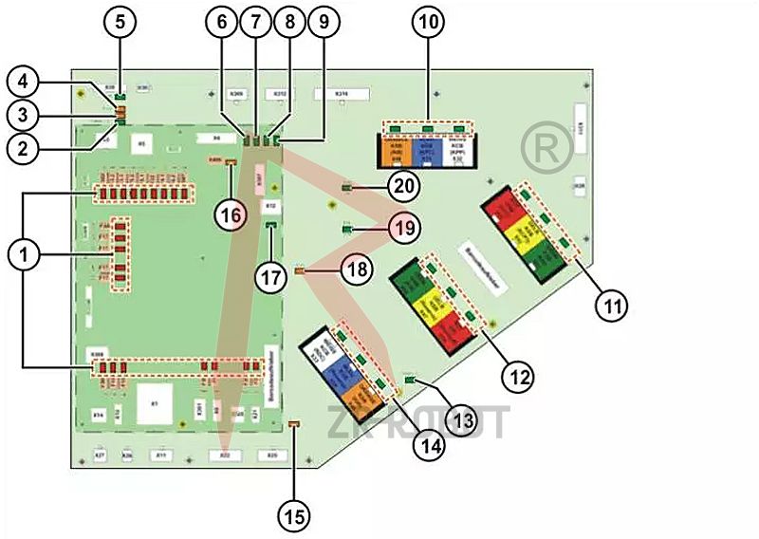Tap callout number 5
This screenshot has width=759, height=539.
[119, 22]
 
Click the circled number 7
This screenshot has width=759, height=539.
[254, 23]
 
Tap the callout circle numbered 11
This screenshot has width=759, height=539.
[611, 305]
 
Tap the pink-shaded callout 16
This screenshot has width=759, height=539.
[232, 214]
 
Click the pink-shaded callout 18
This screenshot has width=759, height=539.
[357, 271]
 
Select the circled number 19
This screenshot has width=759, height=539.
[404, 228]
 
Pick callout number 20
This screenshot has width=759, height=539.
[405, 185]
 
